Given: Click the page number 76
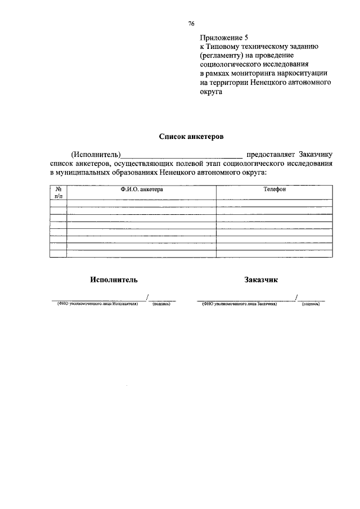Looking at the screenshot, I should (x=191, y=24).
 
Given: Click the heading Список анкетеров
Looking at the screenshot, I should (x=191, y=136).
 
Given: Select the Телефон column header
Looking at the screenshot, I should (x=275, y=190).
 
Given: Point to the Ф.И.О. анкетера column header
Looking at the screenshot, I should (x=142, y=190).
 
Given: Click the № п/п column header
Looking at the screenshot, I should (x=58, y=193).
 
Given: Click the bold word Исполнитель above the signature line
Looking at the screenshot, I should (x=113, y=280).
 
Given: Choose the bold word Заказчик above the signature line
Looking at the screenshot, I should (x=261, y=280).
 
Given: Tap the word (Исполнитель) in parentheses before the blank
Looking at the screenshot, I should (x=96, y=155).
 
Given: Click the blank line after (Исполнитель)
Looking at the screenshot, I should (x=182, y=156).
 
